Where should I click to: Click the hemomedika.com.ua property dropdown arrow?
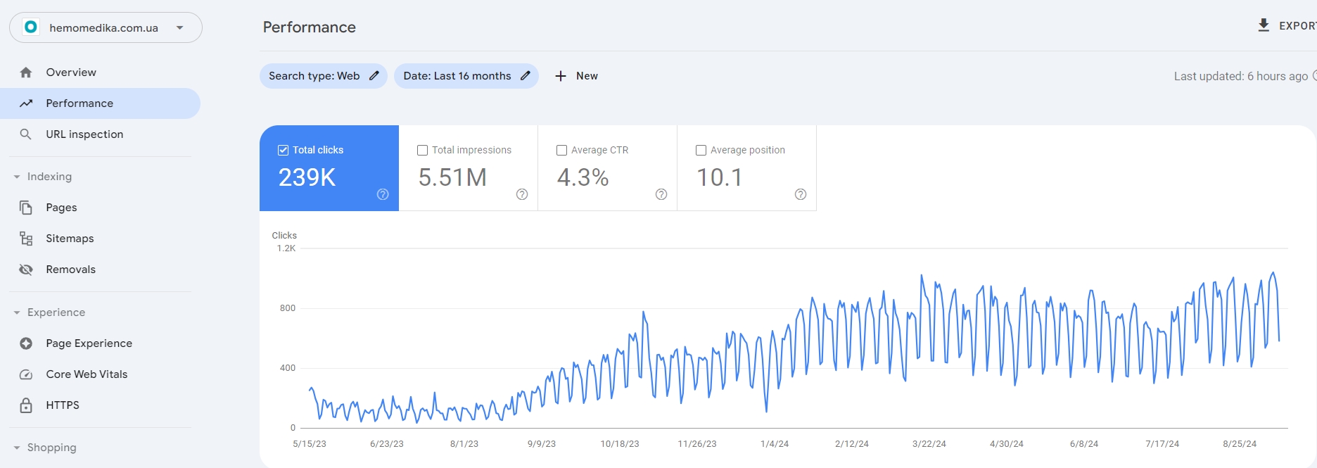[x=180, y=28]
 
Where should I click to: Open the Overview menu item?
[x=71, y=72]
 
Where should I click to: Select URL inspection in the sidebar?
[x=84, y=134]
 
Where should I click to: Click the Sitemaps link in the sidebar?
[x=70, y=239]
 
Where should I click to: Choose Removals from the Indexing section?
[x=70, y=270]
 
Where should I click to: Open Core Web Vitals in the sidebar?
[x=87, y=374]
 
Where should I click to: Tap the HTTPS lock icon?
[x=26, y=405]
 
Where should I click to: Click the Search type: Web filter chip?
[x=323, y=76]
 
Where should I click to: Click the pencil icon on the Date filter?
[x=526, y=76]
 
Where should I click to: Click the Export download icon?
[x=1264, y=25]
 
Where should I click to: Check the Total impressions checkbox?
[x=423, y=150]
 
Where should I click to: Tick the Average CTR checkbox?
[x=562, y=150]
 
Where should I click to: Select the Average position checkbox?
[x=701, y=150]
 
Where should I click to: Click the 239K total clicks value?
[x=307, y=177]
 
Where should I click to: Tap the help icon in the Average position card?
[x=801, y=194]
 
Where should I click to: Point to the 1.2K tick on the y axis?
[x=286, y=248]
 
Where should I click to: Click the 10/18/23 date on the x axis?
[x=620, y=444]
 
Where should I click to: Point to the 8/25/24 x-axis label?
[x=1240, y=444]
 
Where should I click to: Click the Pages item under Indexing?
[x=61, y=208]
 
